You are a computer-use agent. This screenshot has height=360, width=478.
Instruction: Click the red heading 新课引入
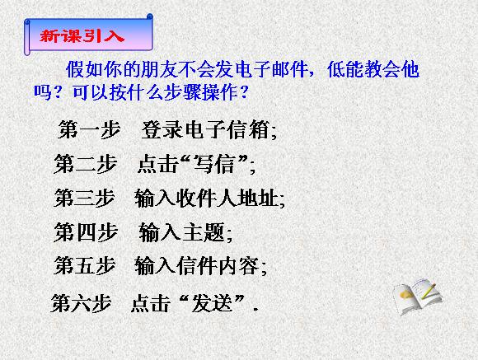[82, 36]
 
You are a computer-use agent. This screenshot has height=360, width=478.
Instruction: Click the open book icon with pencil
[418, 297]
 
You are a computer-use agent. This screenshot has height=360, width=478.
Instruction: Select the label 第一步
[89, 129]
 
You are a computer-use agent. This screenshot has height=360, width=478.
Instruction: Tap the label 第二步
[86, 164]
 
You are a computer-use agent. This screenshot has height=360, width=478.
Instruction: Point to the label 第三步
[84, 198]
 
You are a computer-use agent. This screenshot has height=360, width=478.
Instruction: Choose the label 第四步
[86, 232]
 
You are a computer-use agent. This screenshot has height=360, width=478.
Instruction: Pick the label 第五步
[85, 265]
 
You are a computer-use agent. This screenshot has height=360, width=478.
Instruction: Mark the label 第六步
[81, 303]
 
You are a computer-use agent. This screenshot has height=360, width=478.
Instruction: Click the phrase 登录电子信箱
[205, 129]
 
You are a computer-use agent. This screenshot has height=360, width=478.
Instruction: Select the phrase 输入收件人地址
[206, 199]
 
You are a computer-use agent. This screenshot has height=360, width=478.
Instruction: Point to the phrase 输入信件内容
[197, 266]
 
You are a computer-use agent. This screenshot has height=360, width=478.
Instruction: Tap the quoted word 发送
[212, 303]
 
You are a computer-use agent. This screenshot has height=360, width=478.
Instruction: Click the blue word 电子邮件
[270, 69]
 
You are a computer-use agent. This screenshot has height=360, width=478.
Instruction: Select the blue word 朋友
[159, 69]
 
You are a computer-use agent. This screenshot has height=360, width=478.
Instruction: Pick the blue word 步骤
[183, 92]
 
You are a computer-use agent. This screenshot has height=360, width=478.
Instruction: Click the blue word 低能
[345, 69]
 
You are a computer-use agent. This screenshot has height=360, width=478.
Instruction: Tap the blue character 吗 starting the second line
[42, 92]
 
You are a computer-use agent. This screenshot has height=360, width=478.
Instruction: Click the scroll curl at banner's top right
[149, 17]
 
